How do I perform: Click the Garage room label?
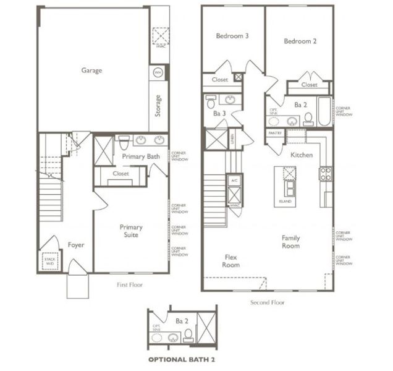[x=91, y=70]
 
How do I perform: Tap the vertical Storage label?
[x=159, y=106]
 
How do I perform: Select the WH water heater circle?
[x=158, y=73]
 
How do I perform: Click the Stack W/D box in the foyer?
[x=50, y=262]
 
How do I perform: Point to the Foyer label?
[x=75, y=245]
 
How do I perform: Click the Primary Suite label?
[x=131, y=231]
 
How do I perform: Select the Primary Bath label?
[x=141, y=156]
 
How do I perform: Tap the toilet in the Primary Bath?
[x=124, y=142]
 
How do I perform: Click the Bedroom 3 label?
[x=232, y=36]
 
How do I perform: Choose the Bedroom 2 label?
[x=300, y=41]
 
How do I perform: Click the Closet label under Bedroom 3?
[x=220, y=80]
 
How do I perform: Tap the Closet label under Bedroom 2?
[x=309, y=85]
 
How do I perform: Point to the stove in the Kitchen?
[x=326, y=174]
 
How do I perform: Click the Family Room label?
[x=290, y=242]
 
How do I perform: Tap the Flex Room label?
[x=231, y=260]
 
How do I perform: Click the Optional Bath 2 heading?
[x=181, y=359]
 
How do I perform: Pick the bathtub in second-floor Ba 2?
[x=324, y=111]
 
